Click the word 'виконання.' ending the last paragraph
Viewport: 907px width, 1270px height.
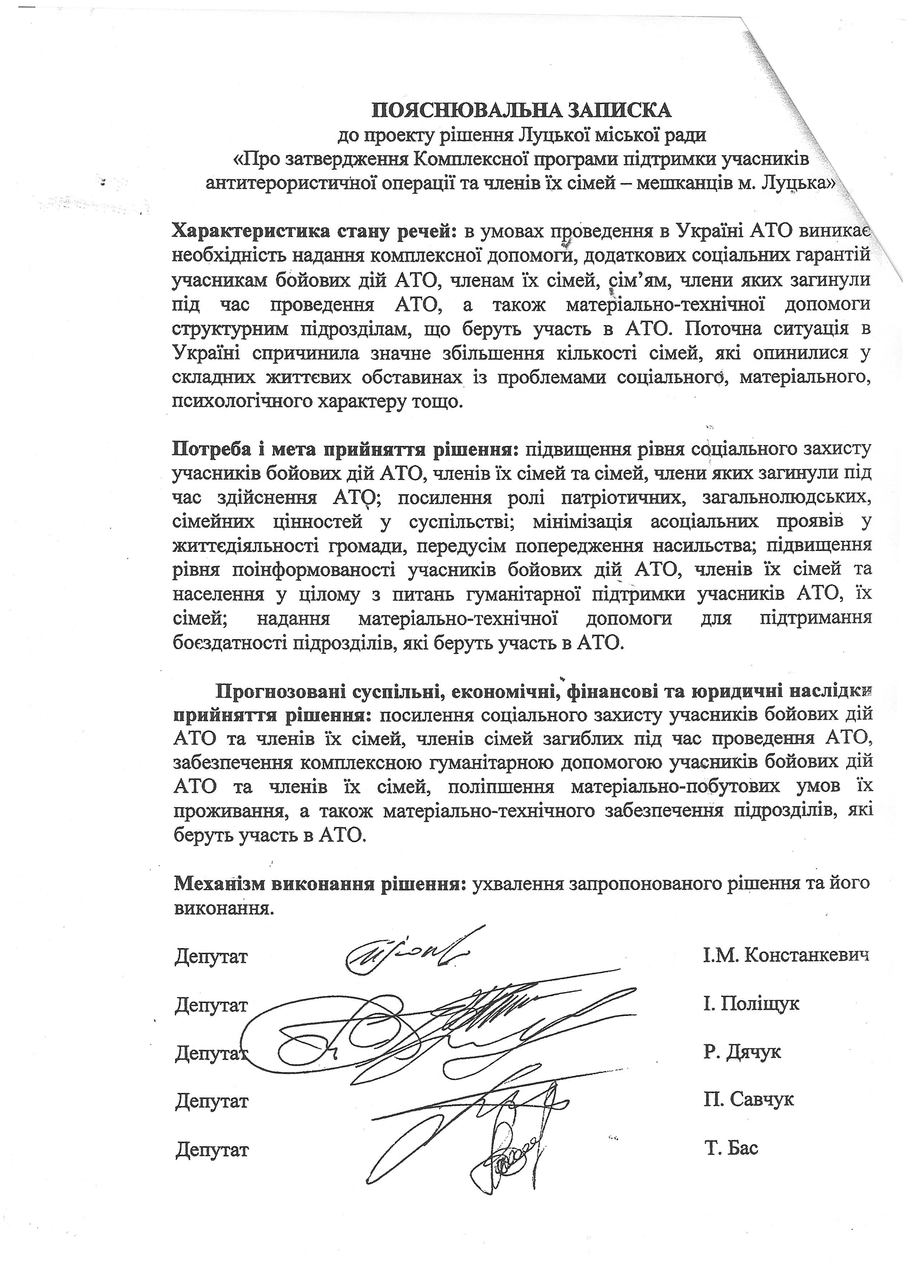225,908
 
